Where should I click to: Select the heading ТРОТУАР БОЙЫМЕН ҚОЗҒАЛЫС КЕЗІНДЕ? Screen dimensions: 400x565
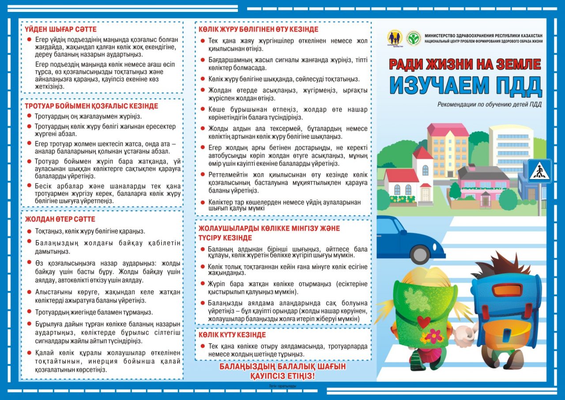click(91, 106)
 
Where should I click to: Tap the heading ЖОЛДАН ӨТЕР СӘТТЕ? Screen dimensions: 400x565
click(60, 219)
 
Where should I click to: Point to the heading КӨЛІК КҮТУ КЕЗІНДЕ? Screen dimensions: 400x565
click(232, 335)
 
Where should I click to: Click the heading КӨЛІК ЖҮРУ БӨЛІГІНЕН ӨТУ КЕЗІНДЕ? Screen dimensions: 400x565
click(258, 29)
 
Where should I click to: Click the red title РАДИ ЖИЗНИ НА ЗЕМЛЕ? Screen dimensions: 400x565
click(465, 65)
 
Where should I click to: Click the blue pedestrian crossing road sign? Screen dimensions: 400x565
click(539, 171)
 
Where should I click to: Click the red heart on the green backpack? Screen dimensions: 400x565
click(423, 322)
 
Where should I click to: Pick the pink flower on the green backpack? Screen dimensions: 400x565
click(433, 336)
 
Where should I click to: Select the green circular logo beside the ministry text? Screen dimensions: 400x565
click(414, 38)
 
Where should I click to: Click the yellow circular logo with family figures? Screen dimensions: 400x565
click(395, 38)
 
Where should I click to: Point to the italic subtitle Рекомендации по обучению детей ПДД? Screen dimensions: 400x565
click(489, 105)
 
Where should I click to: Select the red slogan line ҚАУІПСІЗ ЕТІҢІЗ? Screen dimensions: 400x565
click(282, 376)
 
